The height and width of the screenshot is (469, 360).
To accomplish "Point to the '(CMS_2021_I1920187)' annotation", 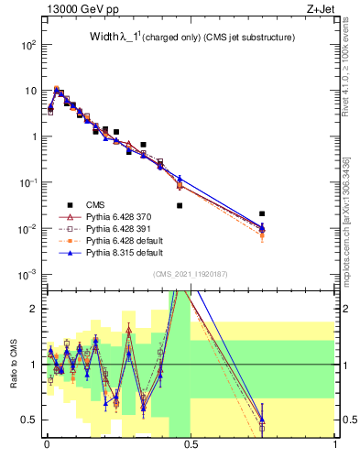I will click(190, 275).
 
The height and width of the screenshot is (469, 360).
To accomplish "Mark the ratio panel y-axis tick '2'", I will click(35, 309).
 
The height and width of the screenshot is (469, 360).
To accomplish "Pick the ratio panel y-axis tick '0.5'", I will click(31, 420).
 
